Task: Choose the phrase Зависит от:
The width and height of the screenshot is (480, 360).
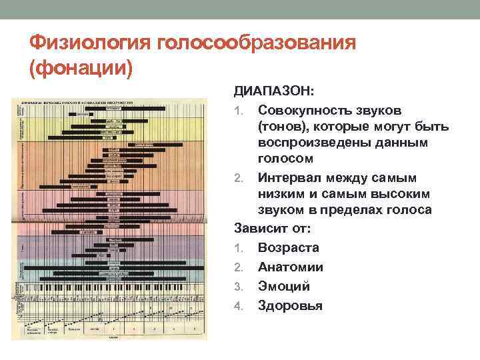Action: click(272, 228)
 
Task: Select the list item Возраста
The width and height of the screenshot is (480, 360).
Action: click(288, 247)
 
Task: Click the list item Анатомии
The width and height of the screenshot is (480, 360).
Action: click(291, 267)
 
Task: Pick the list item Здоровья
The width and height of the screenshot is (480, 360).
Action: click(290, 305)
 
